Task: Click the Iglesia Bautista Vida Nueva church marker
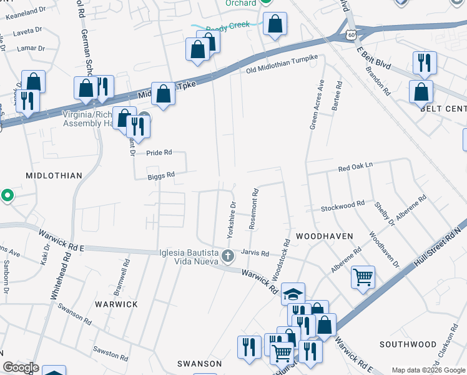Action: click(x=229, y=255)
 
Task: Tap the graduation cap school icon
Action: click(x=293, y=294)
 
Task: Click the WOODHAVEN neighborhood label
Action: click(x=325, y=236)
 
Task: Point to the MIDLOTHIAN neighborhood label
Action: click(x=54, y=176)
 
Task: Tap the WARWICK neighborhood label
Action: click(x=116, y=304)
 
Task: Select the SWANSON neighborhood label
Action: click(x=199, y=364)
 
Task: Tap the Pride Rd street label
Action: click(x=159, y=152)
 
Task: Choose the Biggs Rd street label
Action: click(x=161, y=176)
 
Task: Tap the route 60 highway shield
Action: click(x=353, y=36)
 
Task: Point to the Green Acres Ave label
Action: click(x=317, y=104)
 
